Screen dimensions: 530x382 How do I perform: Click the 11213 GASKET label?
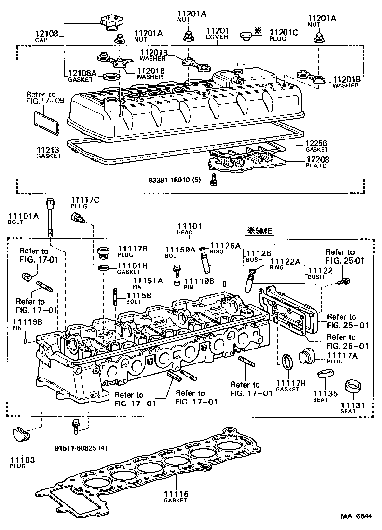pyautogui.click(x=49, y=153)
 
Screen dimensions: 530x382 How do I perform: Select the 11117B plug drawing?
pyautogui.click(x=103, y=253)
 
